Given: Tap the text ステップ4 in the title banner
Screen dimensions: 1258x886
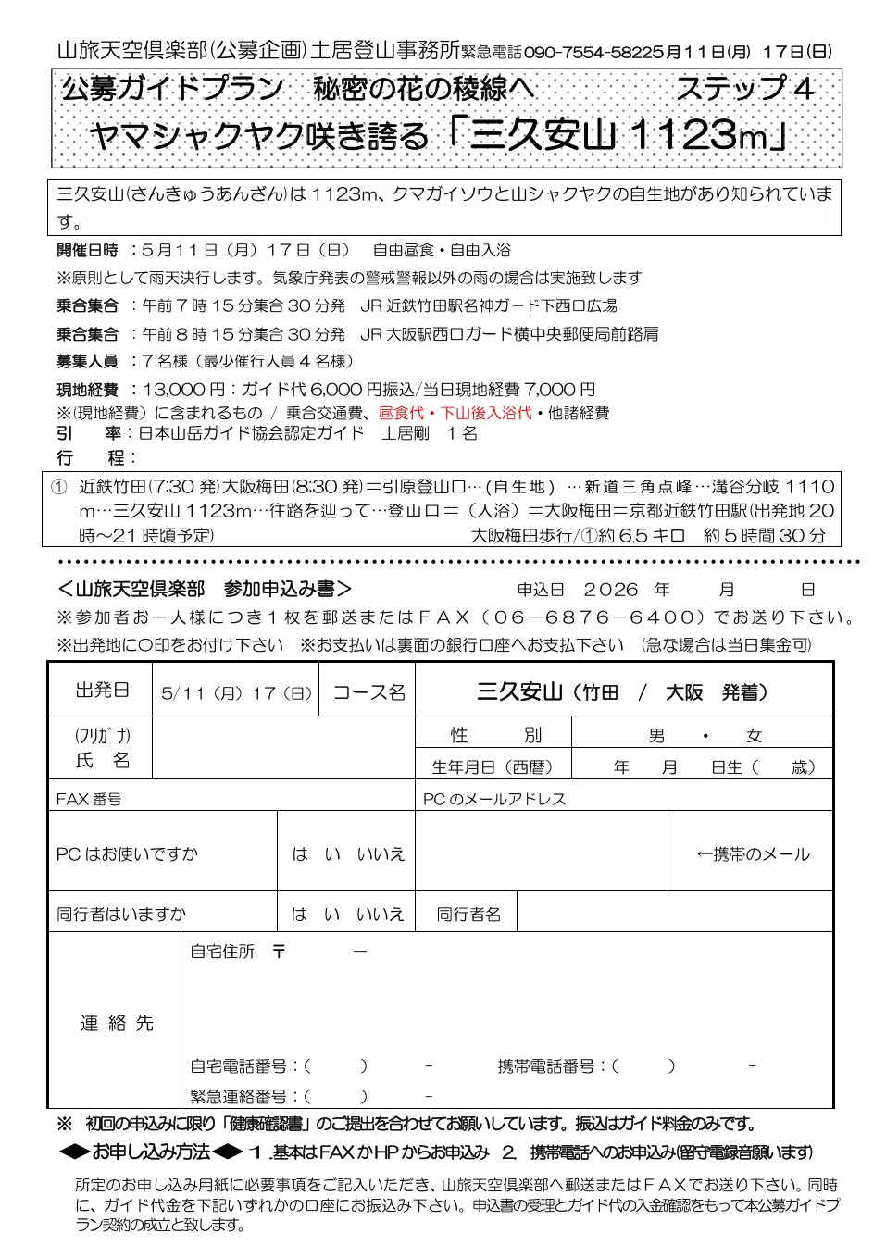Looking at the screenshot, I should (744, 89).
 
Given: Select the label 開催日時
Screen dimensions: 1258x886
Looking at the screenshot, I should (87, 251).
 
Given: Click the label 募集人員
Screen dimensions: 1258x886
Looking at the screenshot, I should (87, 361).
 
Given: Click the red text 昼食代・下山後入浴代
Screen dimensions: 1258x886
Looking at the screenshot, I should (455, 413).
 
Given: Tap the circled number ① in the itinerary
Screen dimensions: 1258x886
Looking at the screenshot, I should (59, 487).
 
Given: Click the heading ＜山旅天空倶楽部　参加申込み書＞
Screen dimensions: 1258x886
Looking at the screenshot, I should (205, 590).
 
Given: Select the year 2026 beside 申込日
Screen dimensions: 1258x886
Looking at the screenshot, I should (611, 590).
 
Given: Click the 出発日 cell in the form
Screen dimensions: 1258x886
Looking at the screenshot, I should (102, 691).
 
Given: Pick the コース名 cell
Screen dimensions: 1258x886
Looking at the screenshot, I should (368, 692).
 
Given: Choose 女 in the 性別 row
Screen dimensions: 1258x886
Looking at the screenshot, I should (755, 736).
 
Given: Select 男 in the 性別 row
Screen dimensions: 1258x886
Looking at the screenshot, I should (656, 736).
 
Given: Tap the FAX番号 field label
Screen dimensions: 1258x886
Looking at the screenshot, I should (89, 799).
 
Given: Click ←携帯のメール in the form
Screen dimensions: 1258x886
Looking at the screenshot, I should (752, 854).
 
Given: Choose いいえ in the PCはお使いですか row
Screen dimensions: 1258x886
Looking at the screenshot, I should (381, 854).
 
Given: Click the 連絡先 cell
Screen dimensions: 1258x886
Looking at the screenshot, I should (117, 1023).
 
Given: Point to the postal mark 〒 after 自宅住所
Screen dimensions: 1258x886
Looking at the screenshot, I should (279, 952).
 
